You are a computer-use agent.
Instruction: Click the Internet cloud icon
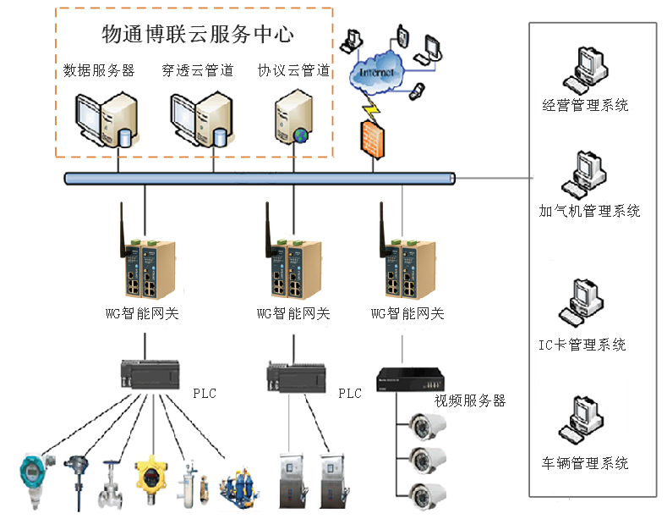click(x=377, y=75)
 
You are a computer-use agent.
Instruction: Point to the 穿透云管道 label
click(x=197, y=71)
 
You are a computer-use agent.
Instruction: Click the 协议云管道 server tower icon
click(x=290, y=122)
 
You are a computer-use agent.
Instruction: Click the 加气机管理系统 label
click(x=589, y=211)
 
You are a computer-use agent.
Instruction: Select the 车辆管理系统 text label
click(x=585, y=463)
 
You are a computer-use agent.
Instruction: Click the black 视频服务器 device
click(x=409, y=378)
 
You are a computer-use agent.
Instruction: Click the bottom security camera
click(x=424, y=493)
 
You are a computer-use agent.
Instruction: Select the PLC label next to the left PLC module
click(x=205, y=394)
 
